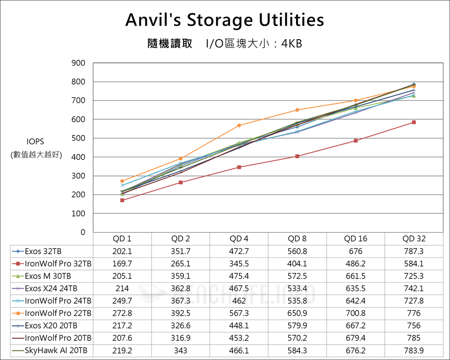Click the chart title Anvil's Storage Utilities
225,20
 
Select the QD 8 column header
297,239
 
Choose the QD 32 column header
414,239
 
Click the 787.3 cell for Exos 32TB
414,251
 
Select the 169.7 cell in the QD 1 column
122,264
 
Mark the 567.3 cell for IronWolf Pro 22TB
238,313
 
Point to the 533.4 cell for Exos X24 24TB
297,288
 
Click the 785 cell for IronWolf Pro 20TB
414,338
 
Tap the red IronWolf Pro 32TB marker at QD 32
414,122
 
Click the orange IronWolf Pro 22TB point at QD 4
238,126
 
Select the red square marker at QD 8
297,156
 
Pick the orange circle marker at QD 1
122,181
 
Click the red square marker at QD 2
180,182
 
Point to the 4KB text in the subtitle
292,44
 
